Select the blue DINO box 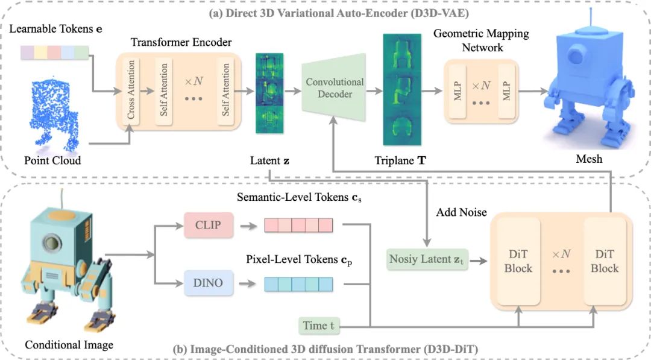click(208, 283)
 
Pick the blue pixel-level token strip click(298, 283)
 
